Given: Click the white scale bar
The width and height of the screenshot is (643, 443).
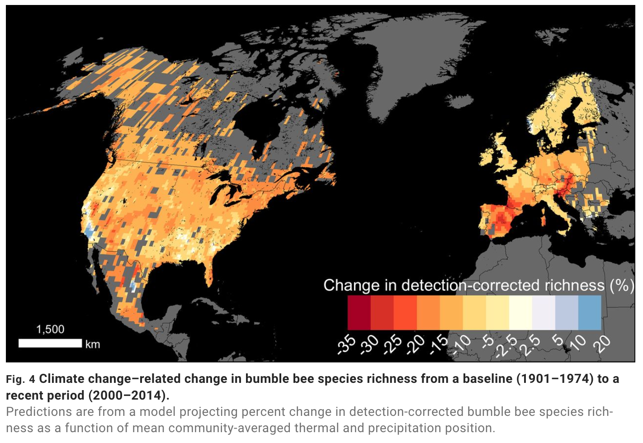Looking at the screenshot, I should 50,343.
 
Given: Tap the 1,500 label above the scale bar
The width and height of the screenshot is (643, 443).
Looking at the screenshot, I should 50,329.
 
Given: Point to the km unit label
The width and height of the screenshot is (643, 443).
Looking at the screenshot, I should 93,344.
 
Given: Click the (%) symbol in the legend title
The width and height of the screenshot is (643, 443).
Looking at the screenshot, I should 622,285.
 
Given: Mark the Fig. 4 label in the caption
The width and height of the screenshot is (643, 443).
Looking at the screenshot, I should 20,379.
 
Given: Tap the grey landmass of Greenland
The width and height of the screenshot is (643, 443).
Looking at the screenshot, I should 398,68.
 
